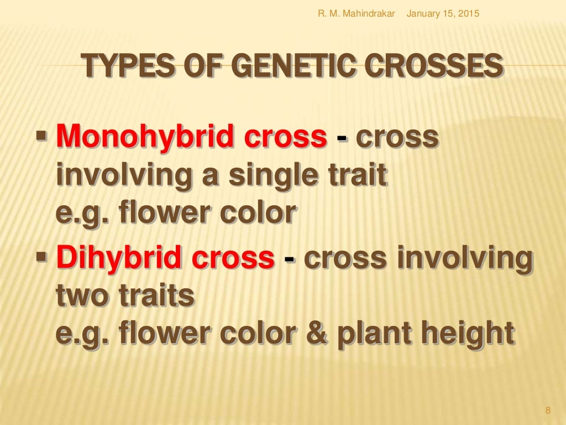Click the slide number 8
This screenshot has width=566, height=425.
coord(548,410)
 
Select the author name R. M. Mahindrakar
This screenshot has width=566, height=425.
coord(356,13)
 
